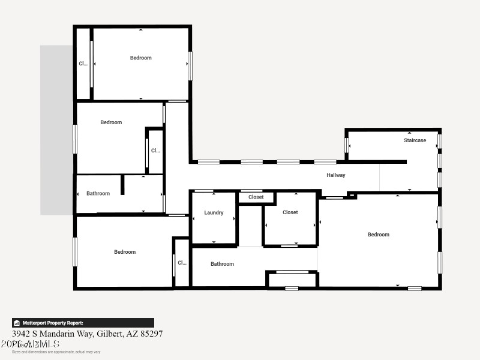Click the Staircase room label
coord(415,140)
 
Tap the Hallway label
coord(336,175)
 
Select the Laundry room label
coord(214,212)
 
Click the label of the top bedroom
coord(141,58)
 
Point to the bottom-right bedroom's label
coord(379,235)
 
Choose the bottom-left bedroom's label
coord(125,252)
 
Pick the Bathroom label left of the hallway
coord(98,193)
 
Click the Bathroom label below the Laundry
coord(222,264)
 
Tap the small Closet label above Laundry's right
coord(256,197)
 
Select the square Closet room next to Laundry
coord(290,212)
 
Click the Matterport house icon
coord(17,323)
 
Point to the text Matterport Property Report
coord(57,323)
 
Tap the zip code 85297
coord(150,334)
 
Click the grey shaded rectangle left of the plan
coord(56,130)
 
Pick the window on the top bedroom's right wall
coord(190,66)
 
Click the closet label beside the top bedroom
coord(83,64)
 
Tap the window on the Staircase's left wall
coord(347,145)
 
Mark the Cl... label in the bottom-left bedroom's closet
coord(182,262)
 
